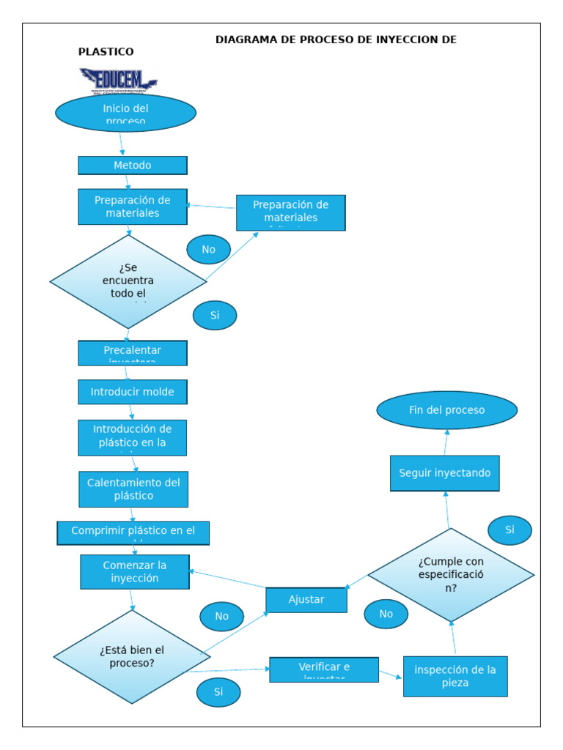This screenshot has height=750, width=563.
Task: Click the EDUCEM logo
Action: pyautogui.click(x=118, y=80)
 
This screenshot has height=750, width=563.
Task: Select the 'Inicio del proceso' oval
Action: pyautogui.click(x=125, y=113)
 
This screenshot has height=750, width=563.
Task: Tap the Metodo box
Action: pyautogui.click(x=133, y=166)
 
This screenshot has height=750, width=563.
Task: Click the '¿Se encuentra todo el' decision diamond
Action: pyautogui.click(x=128, y=281)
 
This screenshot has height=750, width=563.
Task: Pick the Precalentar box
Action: pyautogui.click(x=133, y=352)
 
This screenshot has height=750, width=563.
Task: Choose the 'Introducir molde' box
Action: pyautogui.click(x=133, y=392)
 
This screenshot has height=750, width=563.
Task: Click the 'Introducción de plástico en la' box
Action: pyautogui.click(x=133, y=437)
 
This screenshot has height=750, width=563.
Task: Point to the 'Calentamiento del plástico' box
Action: pyautogui.click(x=133, y=489)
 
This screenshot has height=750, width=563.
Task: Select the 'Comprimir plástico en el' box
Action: pyautogui.click(x=133, y=532)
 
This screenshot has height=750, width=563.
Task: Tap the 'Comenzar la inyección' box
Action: pyautogui.click(x=135, y=571)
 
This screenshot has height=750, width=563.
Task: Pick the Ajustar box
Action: pyautogui.click(x=306, y=600)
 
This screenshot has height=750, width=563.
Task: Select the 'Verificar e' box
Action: pyautogui.click(x=324, y=669)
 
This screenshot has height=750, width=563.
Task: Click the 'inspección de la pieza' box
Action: pyautogui.click(x=455, y=676)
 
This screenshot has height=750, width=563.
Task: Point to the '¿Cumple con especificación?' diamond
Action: pyautogui.click(x=451, y=574)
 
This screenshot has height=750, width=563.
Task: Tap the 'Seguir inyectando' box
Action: pyautogui.click(x=445, y=473)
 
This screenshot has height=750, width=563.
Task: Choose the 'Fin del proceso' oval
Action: pyautogui.click(x=447, y=410)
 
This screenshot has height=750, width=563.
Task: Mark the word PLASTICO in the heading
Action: pyautogui.click(x=106, y=52)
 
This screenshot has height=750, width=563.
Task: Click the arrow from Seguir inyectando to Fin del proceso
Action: pyautogui.click(x=446, y=442)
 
